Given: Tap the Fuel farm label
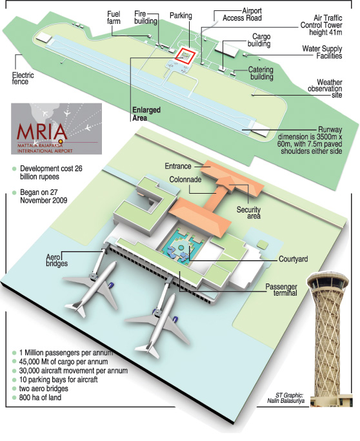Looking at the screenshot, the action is tap(114, 17).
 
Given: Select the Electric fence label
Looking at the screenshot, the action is tap(23, 79).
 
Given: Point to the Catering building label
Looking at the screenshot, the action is tap(261, 73).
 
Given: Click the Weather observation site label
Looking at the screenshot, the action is tap(326, 88).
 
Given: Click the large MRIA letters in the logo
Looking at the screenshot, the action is tap(42, 131).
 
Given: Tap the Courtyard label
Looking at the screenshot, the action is tap(293, 259).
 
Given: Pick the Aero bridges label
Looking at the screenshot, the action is tap(57, 260).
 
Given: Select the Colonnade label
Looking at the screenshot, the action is tap(185, 179).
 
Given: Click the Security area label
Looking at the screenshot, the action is tap(248, 213).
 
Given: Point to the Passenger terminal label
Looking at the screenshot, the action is tap(281, 290).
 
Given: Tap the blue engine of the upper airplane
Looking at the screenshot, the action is tap(111, 286).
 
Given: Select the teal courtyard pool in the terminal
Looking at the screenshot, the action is tap(181, 247).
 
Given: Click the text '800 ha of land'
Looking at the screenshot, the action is tap(40, 397).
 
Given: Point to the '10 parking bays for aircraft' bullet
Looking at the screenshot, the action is tap(58, 380).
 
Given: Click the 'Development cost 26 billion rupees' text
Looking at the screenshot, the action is tap(51, 172).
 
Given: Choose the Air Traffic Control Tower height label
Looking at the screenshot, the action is tap(321, 25).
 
